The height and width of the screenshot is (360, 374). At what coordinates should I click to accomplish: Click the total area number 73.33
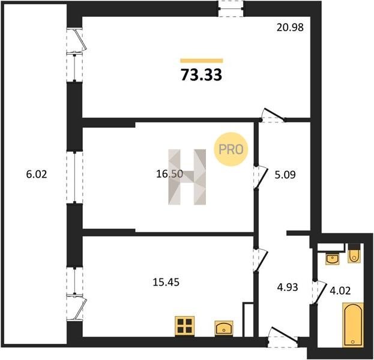pos(202,74)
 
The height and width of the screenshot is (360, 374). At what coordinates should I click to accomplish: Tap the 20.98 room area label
pos(290,28)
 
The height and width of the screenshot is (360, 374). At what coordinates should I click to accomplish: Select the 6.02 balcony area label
pos(37,174)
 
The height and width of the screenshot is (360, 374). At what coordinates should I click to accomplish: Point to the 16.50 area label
pos(169,174)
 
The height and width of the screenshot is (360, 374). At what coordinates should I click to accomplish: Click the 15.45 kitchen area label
pos(166,282)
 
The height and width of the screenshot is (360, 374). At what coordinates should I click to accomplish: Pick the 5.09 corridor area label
pos(285,175)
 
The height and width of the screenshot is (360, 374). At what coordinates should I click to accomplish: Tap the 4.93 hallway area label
pos(288,287)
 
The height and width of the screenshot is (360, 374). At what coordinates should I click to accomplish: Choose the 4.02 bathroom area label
pos(340,290)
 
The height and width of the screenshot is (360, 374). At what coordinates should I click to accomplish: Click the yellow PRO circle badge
pos(231,149)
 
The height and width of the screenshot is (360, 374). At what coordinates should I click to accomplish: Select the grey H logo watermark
pos(187,177)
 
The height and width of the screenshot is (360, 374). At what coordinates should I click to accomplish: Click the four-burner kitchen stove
pos(185,326)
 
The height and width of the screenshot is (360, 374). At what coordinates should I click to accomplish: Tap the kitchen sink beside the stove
pos(224,328)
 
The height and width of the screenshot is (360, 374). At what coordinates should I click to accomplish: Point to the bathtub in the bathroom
pos(353,325)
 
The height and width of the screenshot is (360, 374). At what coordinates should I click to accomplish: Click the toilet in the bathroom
pos(354,253)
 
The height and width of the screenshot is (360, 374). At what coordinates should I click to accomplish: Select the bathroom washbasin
pos(332,259)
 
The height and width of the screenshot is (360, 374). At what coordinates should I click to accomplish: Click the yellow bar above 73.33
pos(202,61)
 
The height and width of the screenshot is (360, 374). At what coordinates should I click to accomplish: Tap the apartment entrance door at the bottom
pos(283,338)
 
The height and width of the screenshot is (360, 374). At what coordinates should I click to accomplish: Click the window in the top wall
pos(231,9)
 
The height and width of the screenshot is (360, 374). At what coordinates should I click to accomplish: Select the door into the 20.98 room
pos(273,116)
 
